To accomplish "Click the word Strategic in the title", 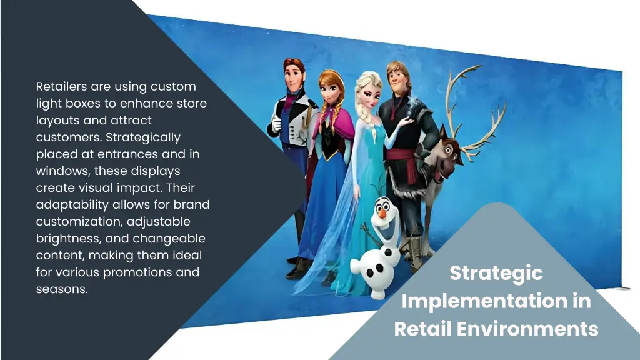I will click(496, 273).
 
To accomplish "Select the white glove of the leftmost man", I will click(276, 125).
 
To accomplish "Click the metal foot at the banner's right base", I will click(622, 288).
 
